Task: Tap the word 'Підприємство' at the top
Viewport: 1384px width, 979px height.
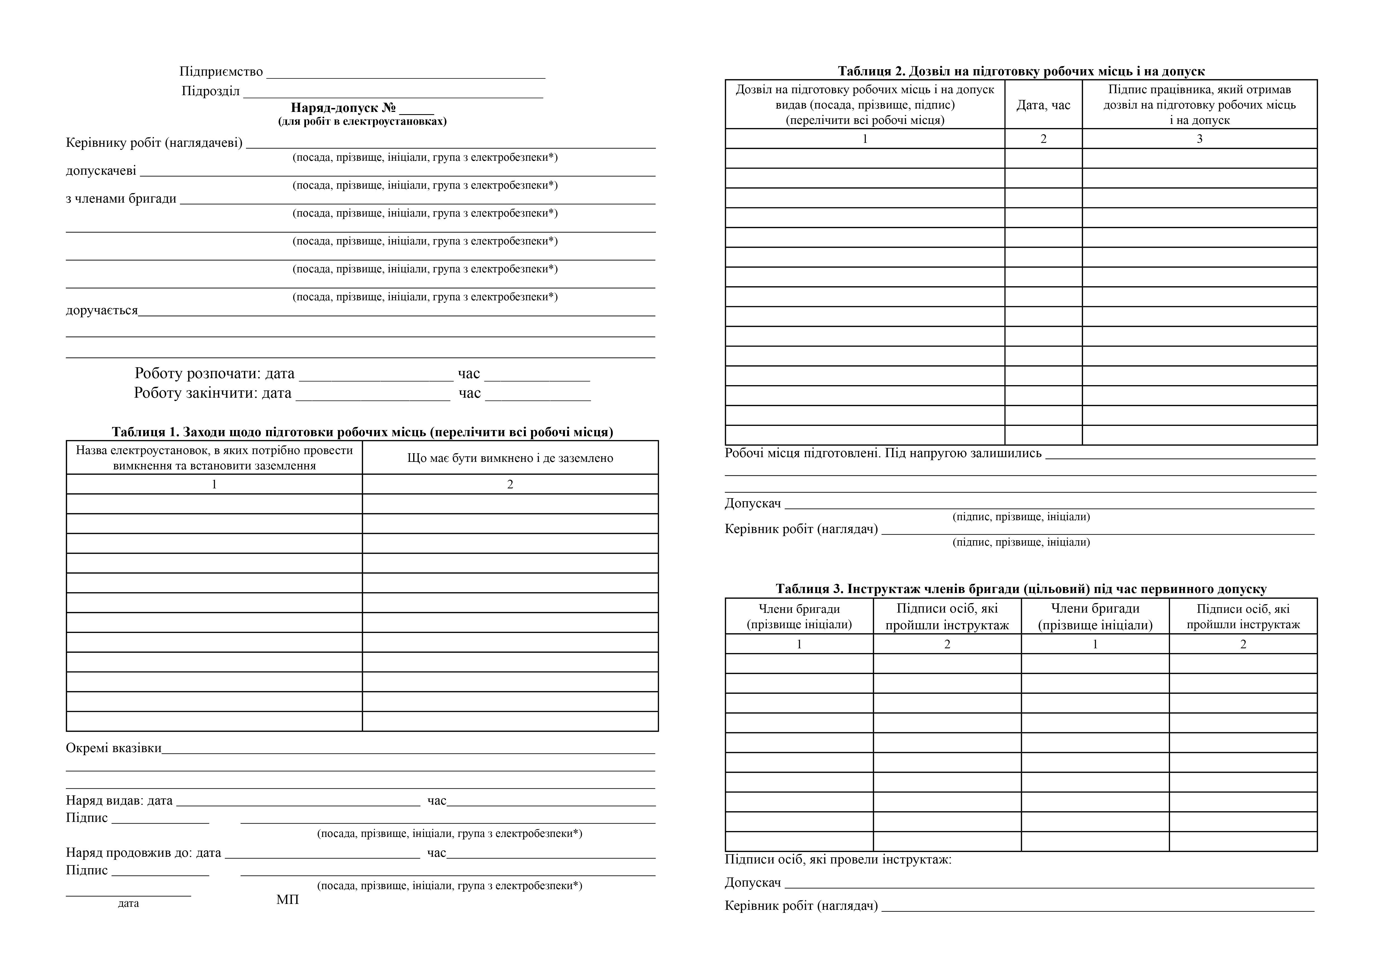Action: click(221, 72)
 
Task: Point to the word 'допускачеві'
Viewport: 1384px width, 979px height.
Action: click(101, 171)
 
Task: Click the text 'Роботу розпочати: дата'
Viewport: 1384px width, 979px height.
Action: click(215, 374)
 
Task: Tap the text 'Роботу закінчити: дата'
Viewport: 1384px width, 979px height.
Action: click(212, 393)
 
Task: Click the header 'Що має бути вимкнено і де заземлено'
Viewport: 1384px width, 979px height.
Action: click(510, 458)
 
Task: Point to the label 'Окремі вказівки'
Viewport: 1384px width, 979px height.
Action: click(113, 748)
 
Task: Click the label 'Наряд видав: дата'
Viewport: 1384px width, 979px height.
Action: click(119, 801)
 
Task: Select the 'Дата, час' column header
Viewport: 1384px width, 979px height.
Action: click(1043, 105)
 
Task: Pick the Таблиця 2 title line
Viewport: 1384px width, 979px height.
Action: click(1021, 71)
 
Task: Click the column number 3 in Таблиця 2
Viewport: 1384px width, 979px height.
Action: click(1199, 139)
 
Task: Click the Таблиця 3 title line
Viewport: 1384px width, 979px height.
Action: click(1021, 589)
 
